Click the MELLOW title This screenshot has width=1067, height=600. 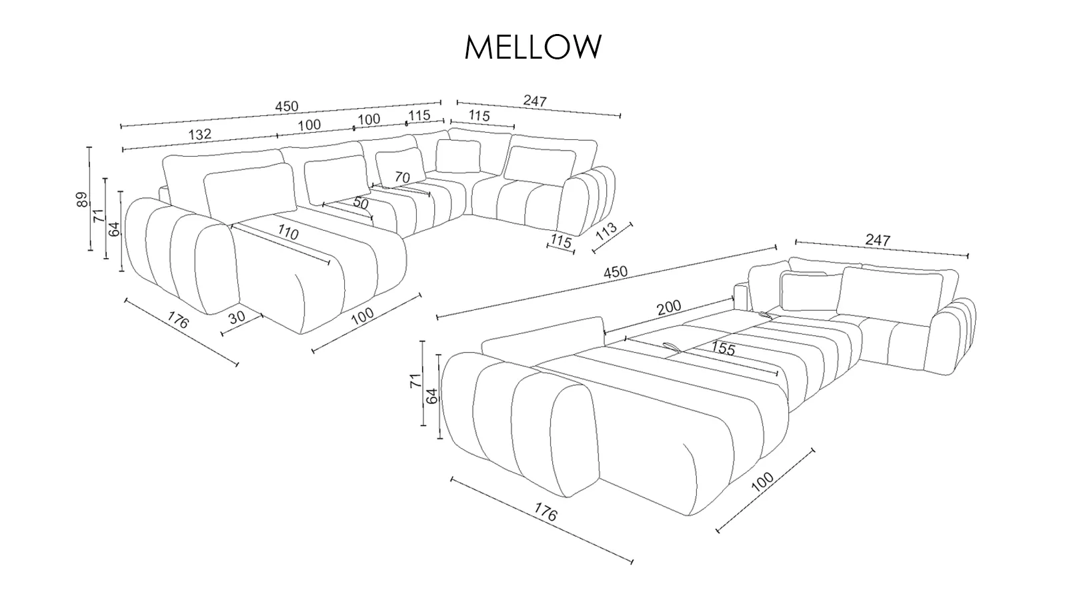[x=533, y=47]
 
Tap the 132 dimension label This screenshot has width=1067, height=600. [x=199, y=134]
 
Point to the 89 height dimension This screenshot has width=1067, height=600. [x=83, y=199]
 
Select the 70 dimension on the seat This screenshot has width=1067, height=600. [x=402, y=177]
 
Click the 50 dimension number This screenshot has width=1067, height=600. [x=361, y=203]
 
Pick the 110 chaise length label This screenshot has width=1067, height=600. [x=287, y=233]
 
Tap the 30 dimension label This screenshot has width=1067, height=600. [x=237, y=317]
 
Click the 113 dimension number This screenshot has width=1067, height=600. [x=606, y=231]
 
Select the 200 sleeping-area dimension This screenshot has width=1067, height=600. [x=669, y=307]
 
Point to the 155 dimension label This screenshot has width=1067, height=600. [x=723, y=349]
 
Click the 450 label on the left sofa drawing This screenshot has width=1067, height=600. [x=286, y=107]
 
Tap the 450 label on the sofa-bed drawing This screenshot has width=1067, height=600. [x=616, y=273]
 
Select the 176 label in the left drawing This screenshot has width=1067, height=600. [x=178, y=320]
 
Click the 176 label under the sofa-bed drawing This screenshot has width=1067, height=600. [x=545, y=513]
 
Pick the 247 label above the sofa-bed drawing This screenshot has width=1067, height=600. [x=878, y=240]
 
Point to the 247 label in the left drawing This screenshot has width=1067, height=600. [x=535, y=101]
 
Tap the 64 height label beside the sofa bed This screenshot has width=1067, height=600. [x=431, y=396]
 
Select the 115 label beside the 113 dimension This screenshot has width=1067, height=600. [x=561, y=241]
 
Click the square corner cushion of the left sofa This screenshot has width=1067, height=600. [x=457, y=156]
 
